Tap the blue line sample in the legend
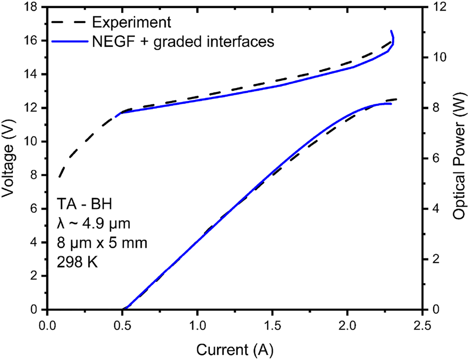point(68,41)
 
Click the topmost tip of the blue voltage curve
point(391,31)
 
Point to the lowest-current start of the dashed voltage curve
point(59,177)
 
